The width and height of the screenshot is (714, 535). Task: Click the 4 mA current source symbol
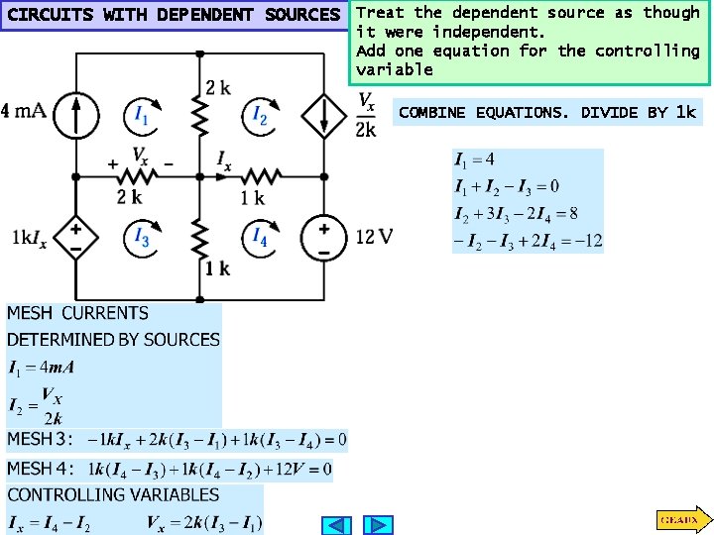click(x=75, y=114)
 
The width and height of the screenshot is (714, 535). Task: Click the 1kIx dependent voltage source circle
click(x=75, y=239)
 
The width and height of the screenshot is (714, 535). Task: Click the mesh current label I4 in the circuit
click(x=260, y=236)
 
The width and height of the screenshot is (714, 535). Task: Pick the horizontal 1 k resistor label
click(x=253, y=198)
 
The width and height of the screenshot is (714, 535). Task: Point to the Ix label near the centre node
click(x=224, y=158)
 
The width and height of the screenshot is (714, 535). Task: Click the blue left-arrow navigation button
click(x=337, y=525)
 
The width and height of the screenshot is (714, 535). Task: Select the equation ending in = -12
click(x=528, y=242)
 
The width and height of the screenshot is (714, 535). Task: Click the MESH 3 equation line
click(x=177, y=439)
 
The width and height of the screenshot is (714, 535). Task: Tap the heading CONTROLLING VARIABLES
click(x=113, y=494)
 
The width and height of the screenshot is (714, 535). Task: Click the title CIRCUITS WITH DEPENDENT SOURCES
click(x=173, y=15)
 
